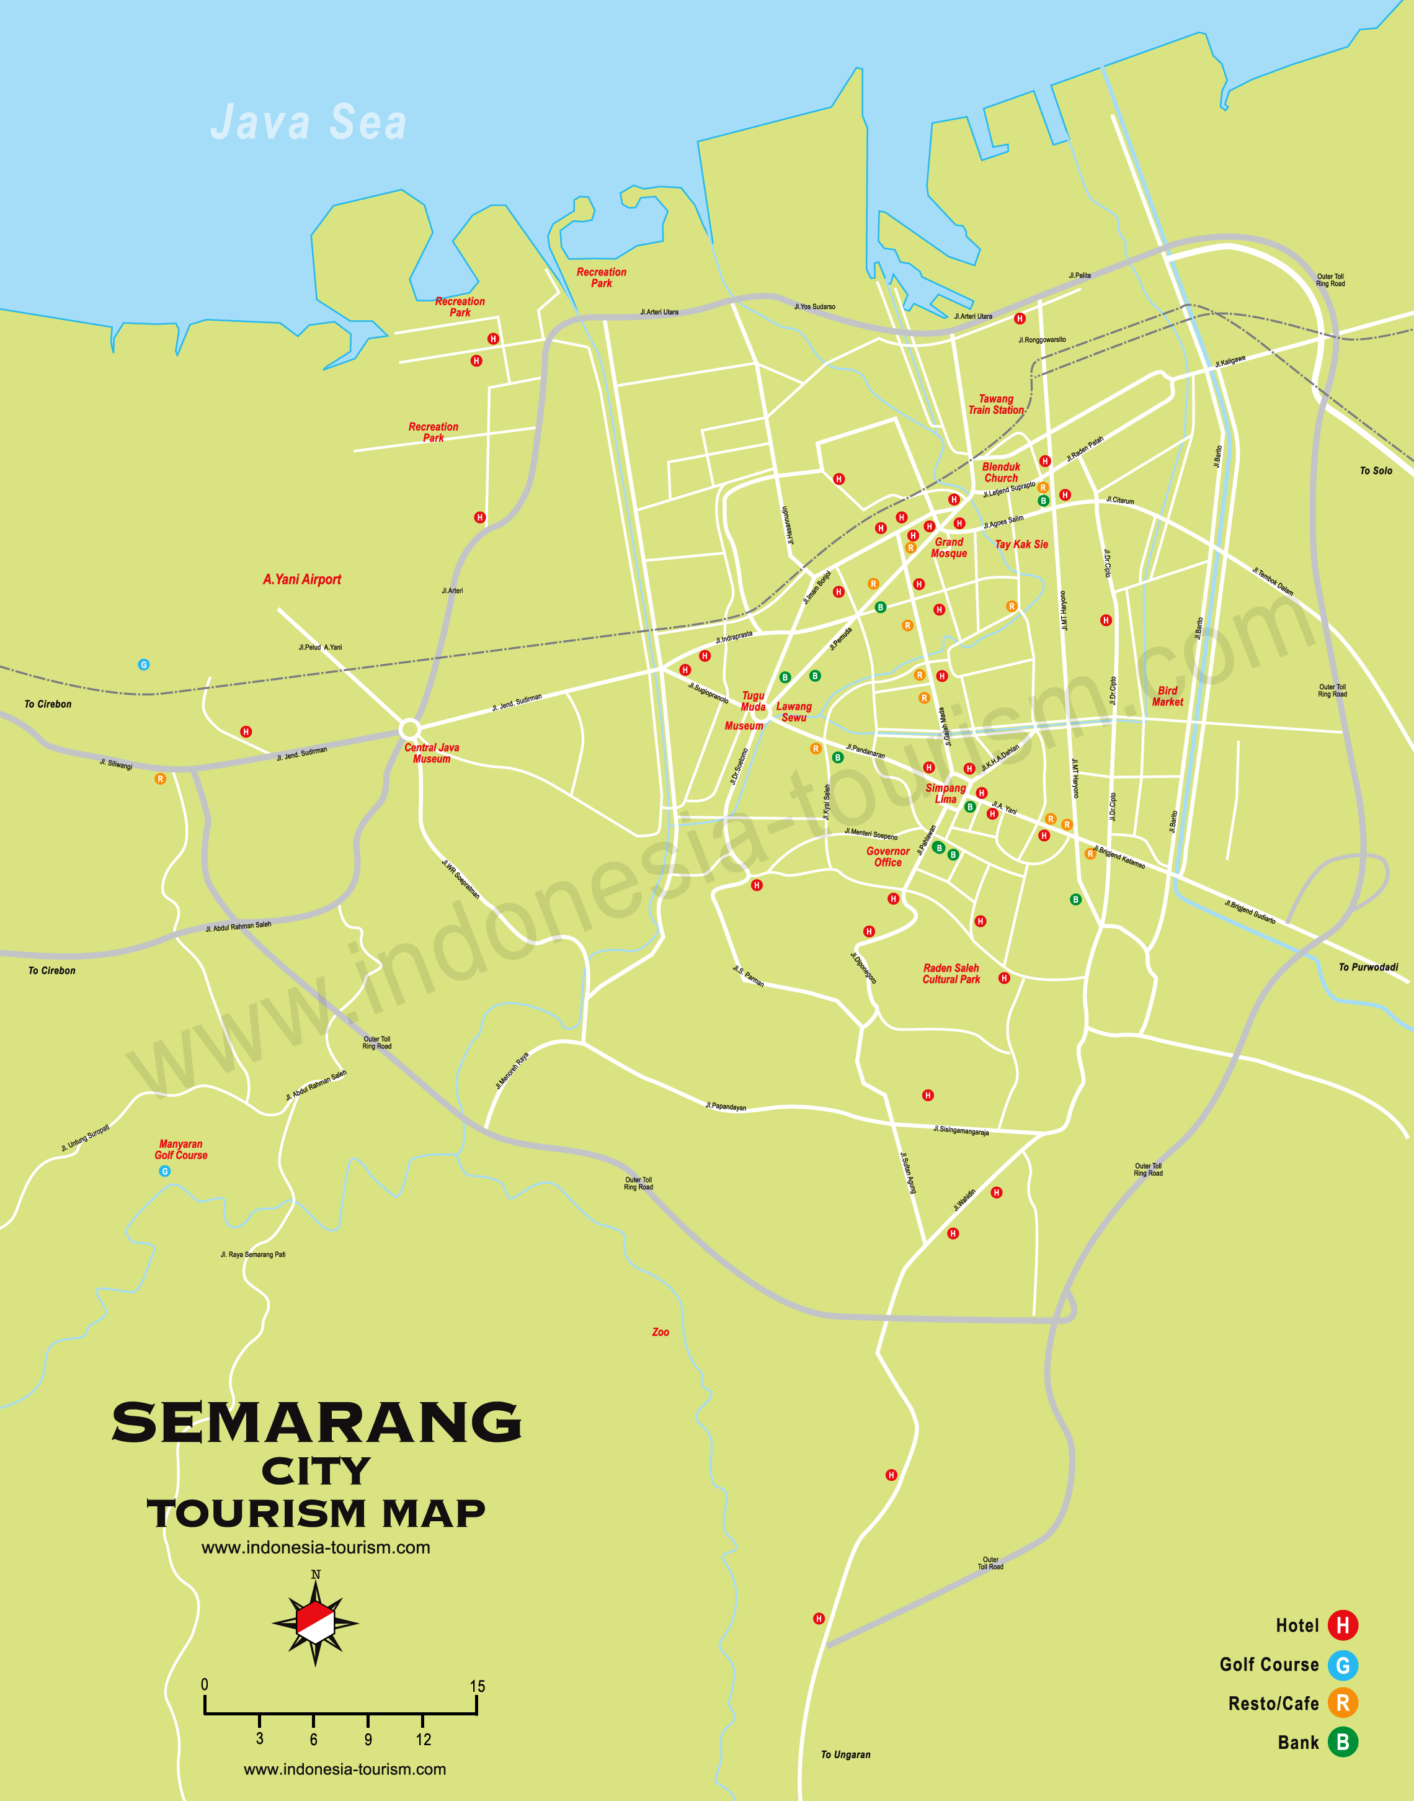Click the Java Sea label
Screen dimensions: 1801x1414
click(308, 123)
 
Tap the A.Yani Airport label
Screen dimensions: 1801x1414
click(302, 579)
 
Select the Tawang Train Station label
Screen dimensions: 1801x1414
click(996, 404)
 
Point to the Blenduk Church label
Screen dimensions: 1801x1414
click(1001, 472)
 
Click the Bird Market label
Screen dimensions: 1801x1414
click(1167, 695)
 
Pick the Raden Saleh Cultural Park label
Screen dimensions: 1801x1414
click(951, 973)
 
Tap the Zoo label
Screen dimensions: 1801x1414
click(660, 1331)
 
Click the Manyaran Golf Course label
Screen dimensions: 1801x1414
click(180, 1150)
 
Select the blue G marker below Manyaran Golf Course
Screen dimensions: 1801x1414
click(165, 1171)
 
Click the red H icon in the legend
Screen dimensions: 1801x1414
click(1343, 1625)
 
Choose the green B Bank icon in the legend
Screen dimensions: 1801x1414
click(1343, 1741)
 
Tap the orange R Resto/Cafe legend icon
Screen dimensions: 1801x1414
click(1343, 1702)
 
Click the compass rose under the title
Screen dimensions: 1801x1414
click(316, 1622)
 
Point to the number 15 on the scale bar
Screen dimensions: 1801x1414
click(477, 1686)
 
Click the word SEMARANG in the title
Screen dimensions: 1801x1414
click(316, 1423)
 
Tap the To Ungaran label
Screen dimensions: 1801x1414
click(845, 1754)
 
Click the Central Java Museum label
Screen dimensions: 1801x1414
click(431, 753)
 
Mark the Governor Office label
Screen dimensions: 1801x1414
click(887, 856)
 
